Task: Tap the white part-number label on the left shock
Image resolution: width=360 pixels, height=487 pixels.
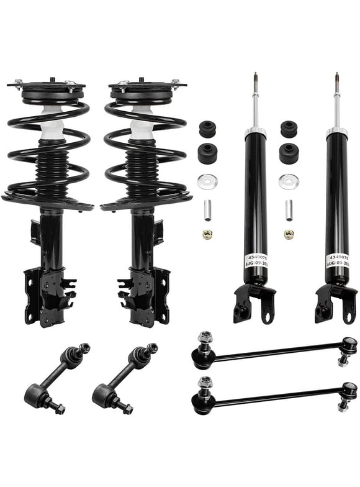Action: coord(255,255)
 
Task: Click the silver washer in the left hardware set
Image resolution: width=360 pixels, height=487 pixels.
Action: coord(207,182)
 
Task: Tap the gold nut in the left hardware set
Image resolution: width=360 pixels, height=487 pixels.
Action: coord(208,235)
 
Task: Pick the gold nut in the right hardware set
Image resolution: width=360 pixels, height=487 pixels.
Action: coord(289,235)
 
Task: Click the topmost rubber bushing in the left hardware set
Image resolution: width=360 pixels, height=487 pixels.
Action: coord(207,129)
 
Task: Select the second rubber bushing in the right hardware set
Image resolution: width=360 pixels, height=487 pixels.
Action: coord(289,153)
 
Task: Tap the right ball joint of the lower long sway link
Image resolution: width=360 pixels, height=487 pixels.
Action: coord(349,389)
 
